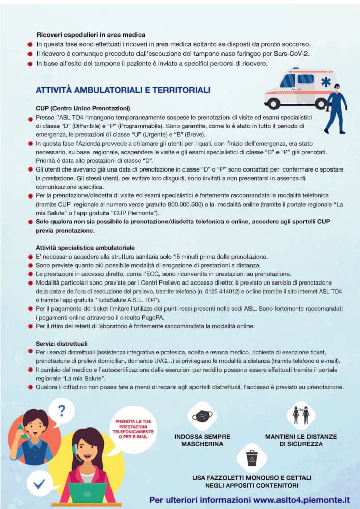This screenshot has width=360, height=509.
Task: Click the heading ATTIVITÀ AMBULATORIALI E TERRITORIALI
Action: click(116, 90)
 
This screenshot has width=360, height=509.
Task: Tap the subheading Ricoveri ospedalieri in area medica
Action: click(91, 35)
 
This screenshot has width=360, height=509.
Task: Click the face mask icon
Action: click(202, 415)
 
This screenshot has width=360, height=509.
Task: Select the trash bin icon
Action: click(252, 458)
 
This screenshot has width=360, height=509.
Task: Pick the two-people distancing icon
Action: click(301, 414)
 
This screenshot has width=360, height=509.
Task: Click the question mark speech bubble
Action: click(62, 411)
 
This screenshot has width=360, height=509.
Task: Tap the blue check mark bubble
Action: click(39, 484)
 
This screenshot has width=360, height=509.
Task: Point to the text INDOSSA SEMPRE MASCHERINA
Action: click(202, 440)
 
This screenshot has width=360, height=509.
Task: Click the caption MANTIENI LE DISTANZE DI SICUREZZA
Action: click(301, 440)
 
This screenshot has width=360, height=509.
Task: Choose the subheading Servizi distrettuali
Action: click(62, 343)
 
